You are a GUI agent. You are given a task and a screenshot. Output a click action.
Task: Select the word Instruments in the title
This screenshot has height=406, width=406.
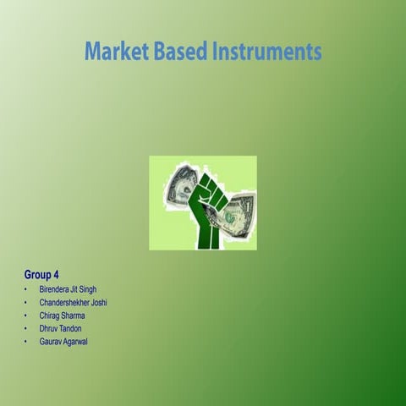[x=267, y=52]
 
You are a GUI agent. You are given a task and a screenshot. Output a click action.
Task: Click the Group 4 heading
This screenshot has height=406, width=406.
[x=41, y=275]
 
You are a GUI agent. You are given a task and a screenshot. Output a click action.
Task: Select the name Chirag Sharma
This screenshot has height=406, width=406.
[x=62, y=315]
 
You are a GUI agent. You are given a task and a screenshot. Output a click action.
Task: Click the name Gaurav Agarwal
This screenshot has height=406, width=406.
[x=63, y=341]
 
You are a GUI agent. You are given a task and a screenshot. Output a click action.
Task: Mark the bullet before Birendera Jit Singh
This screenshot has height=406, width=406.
[x=27, y=290]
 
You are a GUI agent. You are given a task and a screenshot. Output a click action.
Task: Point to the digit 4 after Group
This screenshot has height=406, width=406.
[x=56, y=275]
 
